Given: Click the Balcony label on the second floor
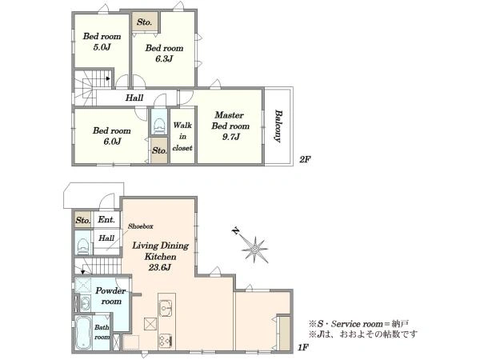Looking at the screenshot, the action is coord(278,126).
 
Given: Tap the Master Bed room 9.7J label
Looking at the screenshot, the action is coord(230,126).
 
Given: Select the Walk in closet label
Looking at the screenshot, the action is coord(182,137).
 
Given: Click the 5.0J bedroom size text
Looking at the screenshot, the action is coord(102,47).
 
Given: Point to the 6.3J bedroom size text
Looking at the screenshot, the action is coord(164,58).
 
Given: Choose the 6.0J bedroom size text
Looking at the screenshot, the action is coord(112,141).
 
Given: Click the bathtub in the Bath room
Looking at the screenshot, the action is coord(83,333).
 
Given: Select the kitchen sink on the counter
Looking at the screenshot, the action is coord(166,307).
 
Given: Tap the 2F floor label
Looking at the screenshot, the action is coord(305,159).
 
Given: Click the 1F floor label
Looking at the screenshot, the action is coord(302,347).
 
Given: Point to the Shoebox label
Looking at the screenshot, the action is coord(141,226).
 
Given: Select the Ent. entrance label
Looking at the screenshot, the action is coord(106,219).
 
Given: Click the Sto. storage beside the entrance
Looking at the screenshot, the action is coord(83,219).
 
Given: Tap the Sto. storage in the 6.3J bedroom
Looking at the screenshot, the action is coord(145,22).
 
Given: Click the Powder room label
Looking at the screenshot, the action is coord(111,296).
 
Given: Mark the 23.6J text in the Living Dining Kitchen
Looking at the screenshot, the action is coord(160,267).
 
